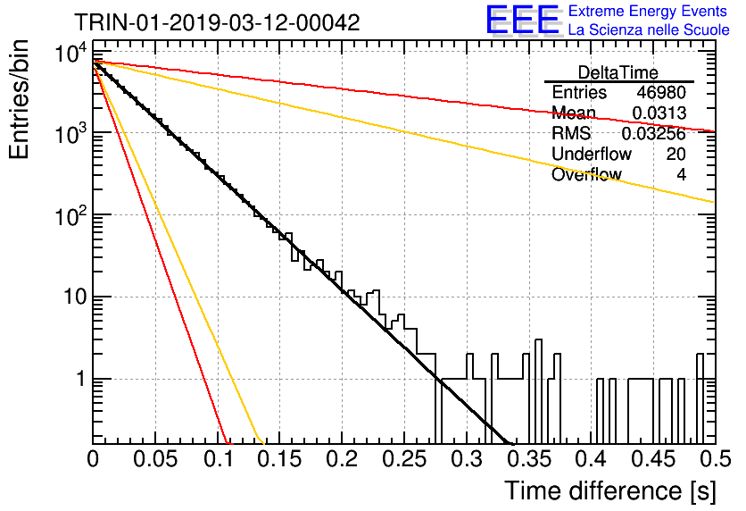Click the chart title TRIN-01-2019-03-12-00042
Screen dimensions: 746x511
click(x=217, y=22)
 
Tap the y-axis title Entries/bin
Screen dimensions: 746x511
click(x=19, y=100)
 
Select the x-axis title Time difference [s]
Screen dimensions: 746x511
click(x=610, y=491)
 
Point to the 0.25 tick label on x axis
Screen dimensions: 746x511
click(x=404, y=459)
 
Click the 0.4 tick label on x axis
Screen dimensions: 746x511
click(x=591, y=459)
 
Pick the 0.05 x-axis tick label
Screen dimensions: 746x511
click(x=155, y=459)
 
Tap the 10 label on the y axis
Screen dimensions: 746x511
click(x=75, y=297)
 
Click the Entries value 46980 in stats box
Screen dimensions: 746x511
click(x=661, y=92)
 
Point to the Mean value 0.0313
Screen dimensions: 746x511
click(x=659, y=113)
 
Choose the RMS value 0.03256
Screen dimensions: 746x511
click(x=654, y=134)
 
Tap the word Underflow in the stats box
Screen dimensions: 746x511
click(x=592, y=154)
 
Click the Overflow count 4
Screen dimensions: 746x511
click(x=681, y=175)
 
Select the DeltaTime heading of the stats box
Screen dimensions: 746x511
click(x=618, y=72)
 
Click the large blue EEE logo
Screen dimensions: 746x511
click(x=523, y=20)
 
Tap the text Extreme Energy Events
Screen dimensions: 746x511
click(x=648, y=11)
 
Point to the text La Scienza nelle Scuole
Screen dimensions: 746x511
click(x=649, y=29)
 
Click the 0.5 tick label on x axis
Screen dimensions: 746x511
click(x=715, y=459)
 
